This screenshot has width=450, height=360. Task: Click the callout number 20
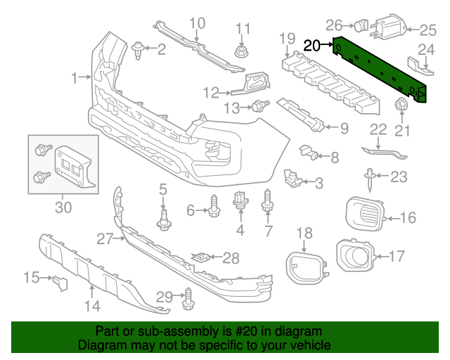pos(312,46)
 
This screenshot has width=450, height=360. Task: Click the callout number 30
pos(63,207)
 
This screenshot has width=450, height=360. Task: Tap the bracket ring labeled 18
pos(304,266)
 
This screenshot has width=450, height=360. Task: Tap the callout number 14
pos(93,305)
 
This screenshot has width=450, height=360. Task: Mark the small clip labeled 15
pos(58,283)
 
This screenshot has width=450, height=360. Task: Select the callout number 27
pos(105,239)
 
